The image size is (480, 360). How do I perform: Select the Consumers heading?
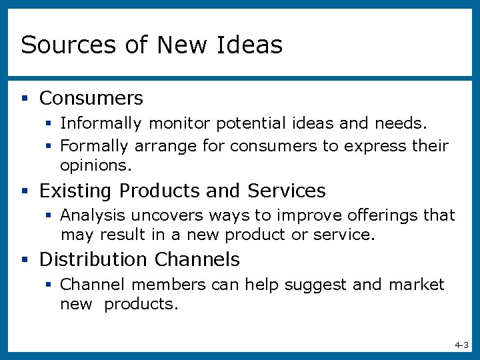91,99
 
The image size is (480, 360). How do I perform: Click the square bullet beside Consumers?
25,99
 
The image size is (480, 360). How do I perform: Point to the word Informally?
101,124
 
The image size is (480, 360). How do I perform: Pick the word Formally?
95,146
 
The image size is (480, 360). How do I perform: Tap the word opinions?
96,165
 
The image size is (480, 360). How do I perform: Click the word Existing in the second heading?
76,191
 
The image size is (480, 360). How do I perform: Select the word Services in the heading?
287,191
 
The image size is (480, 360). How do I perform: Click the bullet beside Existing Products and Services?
25,191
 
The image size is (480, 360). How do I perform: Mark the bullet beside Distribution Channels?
25,259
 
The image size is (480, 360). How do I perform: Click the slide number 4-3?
461,345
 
